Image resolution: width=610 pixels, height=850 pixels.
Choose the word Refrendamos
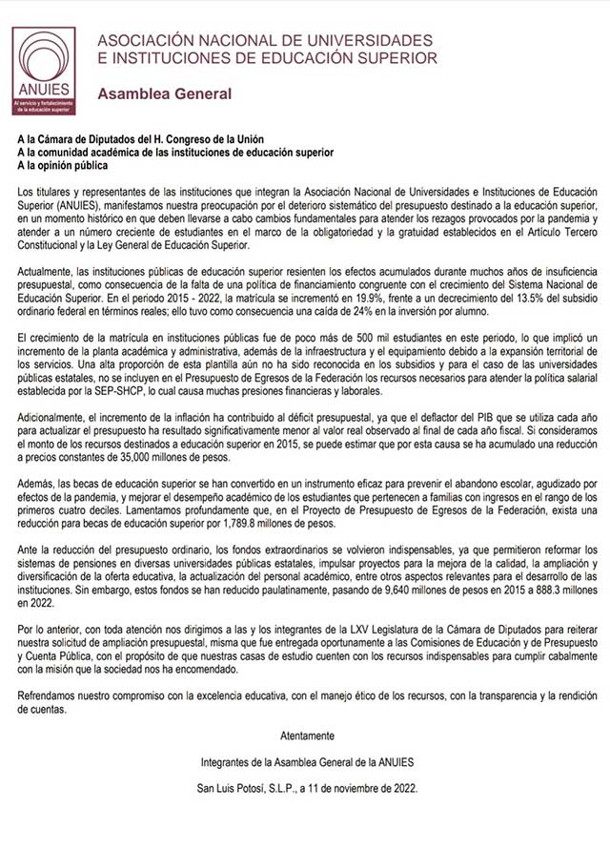coord(49,696)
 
